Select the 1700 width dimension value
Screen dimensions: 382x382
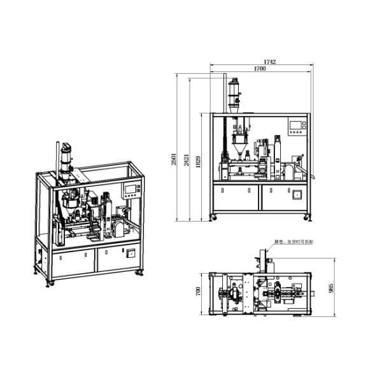[x=260, y=69]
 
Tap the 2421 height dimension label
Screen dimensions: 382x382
[x=187, y=160]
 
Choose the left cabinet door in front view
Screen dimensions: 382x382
[x=236, y=197]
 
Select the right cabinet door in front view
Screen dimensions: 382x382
[x=283, y=197]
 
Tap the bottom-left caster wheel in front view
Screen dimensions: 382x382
[x=213, y=218]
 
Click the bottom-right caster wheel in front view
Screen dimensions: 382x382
[x=309, y=218]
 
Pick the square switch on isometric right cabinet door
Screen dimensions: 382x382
[x=131, y=252]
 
